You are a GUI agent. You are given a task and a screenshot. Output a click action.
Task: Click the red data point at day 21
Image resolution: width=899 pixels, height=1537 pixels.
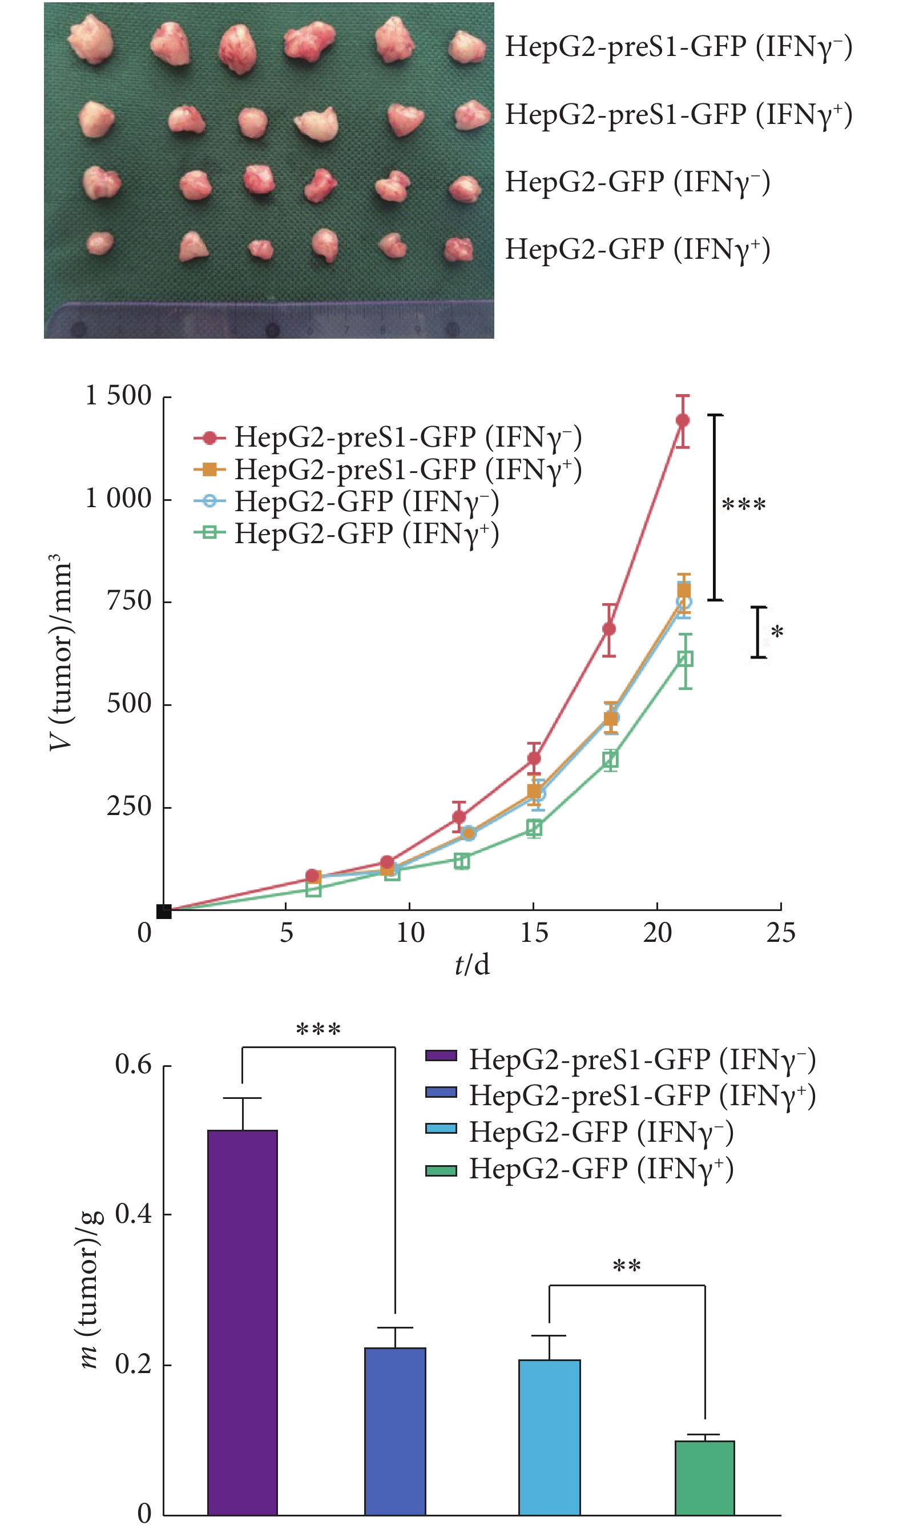683,420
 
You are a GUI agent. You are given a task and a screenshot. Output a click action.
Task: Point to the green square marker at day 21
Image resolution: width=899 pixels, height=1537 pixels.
685,659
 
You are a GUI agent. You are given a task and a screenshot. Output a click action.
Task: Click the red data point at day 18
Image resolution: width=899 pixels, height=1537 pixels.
609,629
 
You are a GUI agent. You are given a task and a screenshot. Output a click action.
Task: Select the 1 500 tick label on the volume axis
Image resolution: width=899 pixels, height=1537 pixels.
118,395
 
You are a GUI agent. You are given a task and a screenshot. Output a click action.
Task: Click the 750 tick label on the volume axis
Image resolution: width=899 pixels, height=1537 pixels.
128,601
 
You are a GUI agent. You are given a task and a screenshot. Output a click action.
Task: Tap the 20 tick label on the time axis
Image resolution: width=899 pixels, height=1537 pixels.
657,933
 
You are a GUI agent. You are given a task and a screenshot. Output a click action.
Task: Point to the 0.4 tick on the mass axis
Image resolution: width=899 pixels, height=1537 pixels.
133,1214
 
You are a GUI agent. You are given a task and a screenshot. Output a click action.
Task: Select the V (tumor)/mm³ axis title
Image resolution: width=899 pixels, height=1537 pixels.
61,653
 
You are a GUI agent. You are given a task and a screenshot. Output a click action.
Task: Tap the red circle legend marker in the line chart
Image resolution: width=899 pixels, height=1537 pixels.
209,438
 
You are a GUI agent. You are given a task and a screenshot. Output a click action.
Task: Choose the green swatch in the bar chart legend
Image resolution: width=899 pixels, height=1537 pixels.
441,1170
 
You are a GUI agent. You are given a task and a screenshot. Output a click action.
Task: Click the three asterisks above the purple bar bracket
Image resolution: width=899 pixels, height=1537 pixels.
317,1030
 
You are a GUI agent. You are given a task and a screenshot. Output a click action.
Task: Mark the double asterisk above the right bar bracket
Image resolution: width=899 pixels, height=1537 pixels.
627,1266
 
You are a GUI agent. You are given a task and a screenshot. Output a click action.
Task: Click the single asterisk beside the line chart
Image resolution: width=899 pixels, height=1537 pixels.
776,632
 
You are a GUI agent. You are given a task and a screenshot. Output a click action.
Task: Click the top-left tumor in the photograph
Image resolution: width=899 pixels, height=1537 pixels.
91,39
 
